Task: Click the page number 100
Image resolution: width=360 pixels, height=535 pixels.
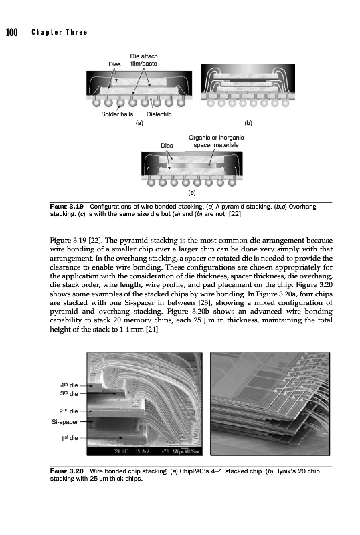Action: click(x=11, y=32)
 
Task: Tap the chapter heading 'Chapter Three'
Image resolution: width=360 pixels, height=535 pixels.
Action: click(x=60, y=32)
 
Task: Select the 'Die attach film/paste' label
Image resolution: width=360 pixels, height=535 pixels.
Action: click(x=144, y=60)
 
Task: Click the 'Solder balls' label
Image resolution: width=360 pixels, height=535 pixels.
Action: click(x=117, y=114)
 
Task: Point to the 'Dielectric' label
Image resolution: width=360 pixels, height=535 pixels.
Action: click(x=159, y=114)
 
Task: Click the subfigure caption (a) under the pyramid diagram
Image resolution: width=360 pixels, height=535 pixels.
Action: click(x=139, y=123)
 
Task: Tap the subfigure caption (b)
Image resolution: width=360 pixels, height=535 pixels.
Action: click(x=248, y=123)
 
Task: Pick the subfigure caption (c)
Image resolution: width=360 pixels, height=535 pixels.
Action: click(x=192, y=193)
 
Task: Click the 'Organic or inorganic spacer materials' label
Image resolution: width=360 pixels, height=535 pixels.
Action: click(x=216, y=141)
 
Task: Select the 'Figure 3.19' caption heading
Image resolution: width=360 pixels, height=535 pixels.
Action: click(x=67, y=207)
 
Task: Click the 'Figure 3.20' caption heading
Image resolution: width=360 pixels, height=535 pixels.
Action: click(x=67, y=471)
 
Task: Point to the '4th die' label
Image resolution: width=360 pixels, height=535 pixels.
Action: click(x=69, y=385)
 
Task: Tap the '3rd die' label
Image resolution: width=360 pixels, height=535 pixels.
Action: click(x=69, y=393)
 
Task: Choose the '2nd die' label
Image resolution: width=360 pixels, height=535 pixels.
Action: click(x=68, y=411)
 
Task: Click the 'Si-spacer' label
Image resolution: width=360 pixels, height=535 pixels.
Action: click(x=65, y=422)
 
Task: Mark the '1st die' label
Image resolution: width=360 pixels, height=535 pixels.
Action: click(x=70, y=438)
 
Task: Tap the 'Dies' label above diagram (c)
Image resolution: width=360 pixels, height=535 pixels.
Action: click(x=167, y=146)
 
